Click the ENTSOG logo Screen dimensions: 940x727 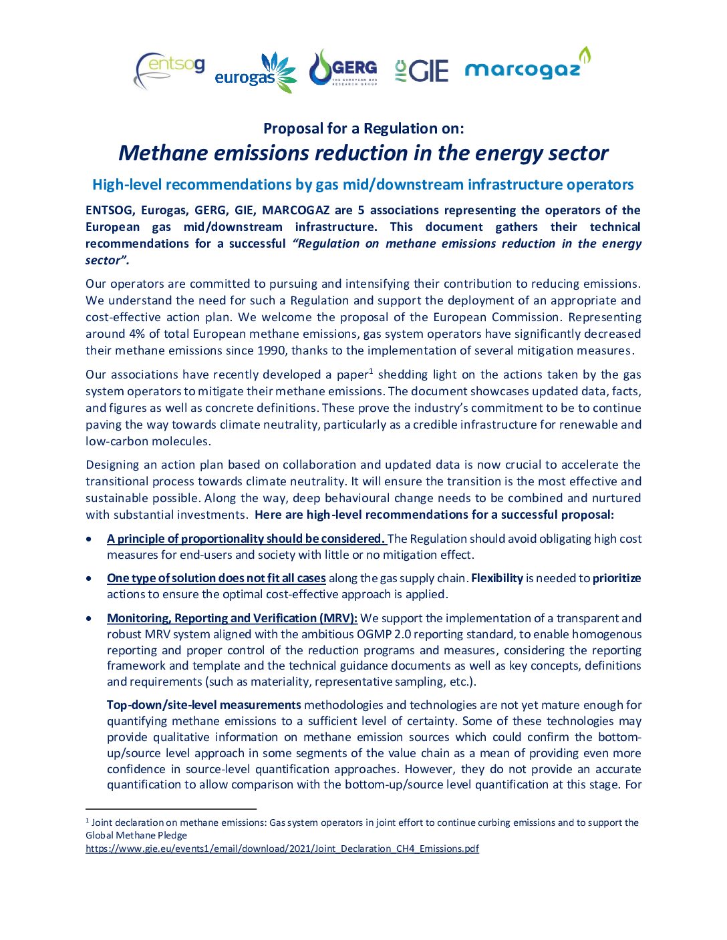click(x=170, y=69)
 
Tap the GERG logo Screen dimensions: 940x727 click(x=343, y=67)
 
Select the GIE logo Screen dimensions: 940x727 click(x=421, y=70)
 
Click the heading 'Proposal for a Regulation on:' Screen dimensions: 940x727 click(x=363, y=128)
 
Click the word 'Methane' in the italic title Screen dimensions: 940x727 click(x=163, y=153)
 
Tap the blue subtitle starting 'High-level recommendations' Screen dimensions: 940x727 click(x=363, y=184)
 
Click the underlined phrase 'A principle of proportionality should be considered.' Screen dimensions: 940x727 click(x=246, y=539)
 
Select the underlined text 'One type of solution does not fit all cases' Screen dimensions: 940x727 click(x=216, y=578)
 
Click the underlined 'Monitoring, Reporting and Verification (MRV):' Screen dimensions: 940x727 click(x=232, y=618)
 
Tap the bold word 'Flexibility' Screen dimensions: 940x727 click(x=497, y=578)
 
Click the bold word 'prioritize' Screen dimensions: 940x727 click(x=617, y=578)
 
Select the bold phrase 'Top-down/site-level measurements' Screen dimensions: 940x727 click(x=204, y=705)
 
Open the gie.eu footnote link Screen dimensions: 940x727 click(x=282, y=849)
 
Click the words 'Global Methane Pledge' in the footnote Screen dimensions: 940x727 click(x=136, y=835)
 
